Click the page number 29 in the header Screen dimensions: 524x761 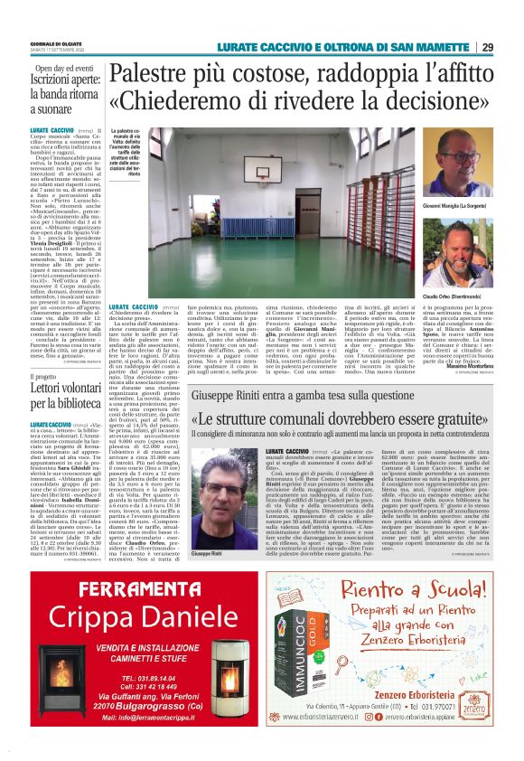487,47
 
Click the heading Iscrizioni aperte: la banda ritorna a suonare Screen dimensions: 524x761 64,97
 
